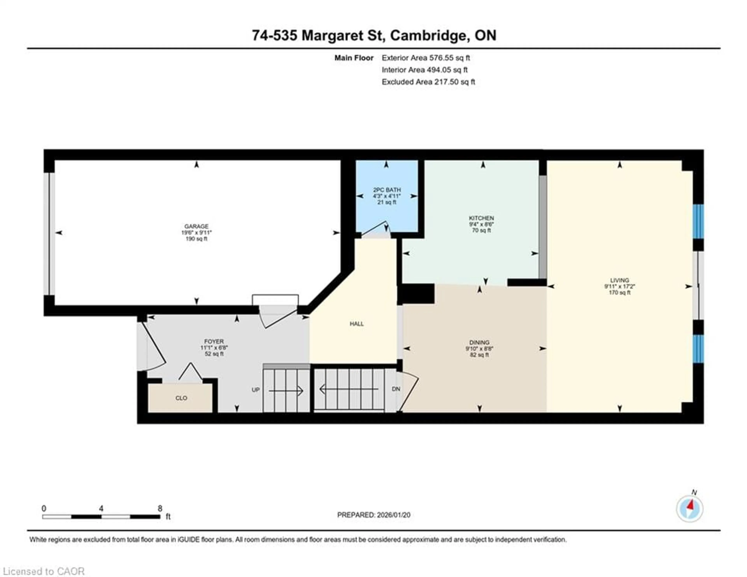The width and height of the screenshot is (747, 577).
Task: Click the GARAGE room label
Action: tap(196, 226)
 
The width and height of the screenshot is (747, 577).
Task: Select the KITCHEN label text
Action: tap(481, 218)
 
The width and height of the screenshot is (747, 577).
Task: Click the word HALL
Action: tap(356, 324)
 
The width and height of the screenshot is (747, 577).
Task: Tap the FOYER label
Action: tap(214, 341)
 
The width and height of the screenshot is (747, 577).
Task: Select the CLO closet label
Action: tap(181, 398)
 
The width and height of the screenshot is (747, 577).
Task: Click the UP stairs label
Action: tap(255, 390)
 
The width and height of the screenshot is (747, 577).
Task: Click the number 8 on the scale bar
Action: tap(160, 508)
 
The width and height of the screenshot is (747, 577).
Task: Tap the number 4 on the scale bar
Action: tap(101, 508)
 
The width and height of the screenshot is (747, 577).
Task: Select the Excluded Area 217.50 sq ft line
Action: tap(428, 82)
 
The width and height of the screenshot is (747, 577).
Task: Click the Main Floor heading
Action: tap(354, 58)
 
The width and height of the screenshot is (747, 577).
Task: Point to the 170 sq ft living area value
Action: tap(619, 293)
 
